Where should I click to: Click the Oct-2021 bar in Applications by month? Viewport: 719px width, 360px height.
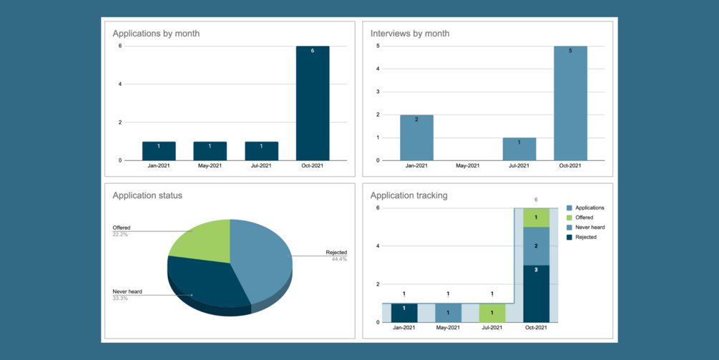313,103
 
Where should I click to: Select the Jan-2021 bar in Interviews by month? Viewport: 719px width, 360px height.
416,137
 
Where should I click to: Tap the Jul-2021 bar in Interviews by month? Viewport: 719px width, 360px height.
519,149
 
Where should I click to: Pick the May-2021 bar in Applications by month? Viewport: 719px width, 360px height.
210,151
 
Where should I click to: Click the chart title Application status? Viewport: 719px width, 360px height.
147,195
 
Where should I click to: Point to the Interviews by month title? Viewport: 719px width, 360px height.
409,34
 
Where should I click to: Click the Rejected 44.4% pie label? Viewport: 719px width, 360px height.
336,255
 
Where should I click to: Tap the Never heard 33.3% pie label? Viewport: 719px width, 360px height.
127,294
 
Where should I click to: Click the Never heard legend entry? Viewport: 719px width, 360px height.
590,228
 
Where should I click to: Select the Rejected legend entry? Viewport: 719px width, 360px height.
586,237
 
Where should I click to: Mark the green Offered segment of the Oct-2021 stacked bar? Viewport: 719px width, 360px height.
536,218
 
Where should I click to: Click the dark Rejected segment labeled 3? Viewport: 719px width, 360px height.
536,293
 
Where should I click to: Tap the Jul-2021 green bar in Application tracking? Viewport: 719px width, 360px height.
491,313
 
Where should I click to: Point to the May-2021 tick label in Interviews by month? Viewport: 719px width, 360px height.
467,166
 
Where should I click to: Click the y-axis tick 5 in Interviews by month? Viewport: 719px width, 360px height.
378,47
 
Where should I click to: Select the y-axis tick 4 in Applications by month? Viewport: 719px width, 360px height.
120,84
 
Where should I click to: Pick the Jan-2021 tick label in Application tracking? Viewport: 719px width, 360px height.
404,328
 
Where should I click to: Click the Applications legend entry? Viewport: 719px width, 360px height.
590,208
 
